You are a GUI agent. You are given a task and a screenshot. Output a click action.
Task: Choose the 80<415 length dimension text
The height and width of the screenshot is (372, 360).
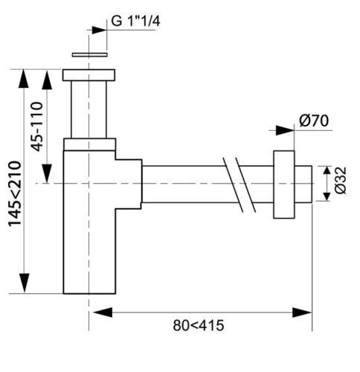200,325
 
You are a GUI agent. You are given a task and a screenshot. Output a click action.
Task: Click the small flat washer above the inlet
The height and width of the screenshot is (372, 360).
89,54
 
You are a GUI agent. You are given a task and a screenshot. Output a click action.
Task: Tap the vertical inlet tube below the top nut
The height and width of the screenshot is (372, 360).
89,109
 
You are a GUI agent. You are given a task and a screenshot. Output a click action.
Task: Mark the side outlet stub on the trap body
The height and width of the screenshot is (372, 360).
128,182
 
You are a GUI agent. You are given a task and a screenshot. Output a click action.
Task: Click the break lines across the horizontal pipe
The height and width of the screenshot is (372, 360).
237,182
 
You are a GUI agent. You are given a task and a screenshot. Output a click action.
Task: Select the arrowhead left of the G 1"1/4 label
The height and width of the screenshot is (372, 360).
98,30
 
